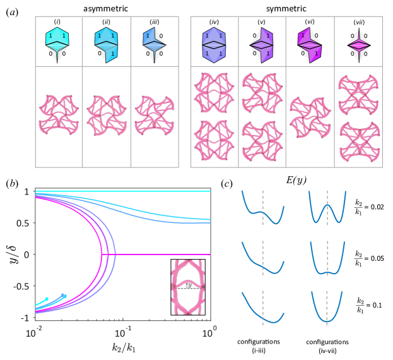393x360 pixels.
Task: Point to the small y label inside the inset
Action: point(188,285)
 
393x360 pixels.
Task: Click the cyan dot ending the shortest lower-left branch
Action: point(47,299)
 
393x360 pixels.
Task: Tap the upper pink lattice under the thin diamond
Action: point(358,93)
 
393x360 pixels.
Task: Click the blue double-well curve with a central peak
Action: point(327,208)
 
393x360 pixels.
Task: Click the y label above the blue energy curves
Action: point(300,181)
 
